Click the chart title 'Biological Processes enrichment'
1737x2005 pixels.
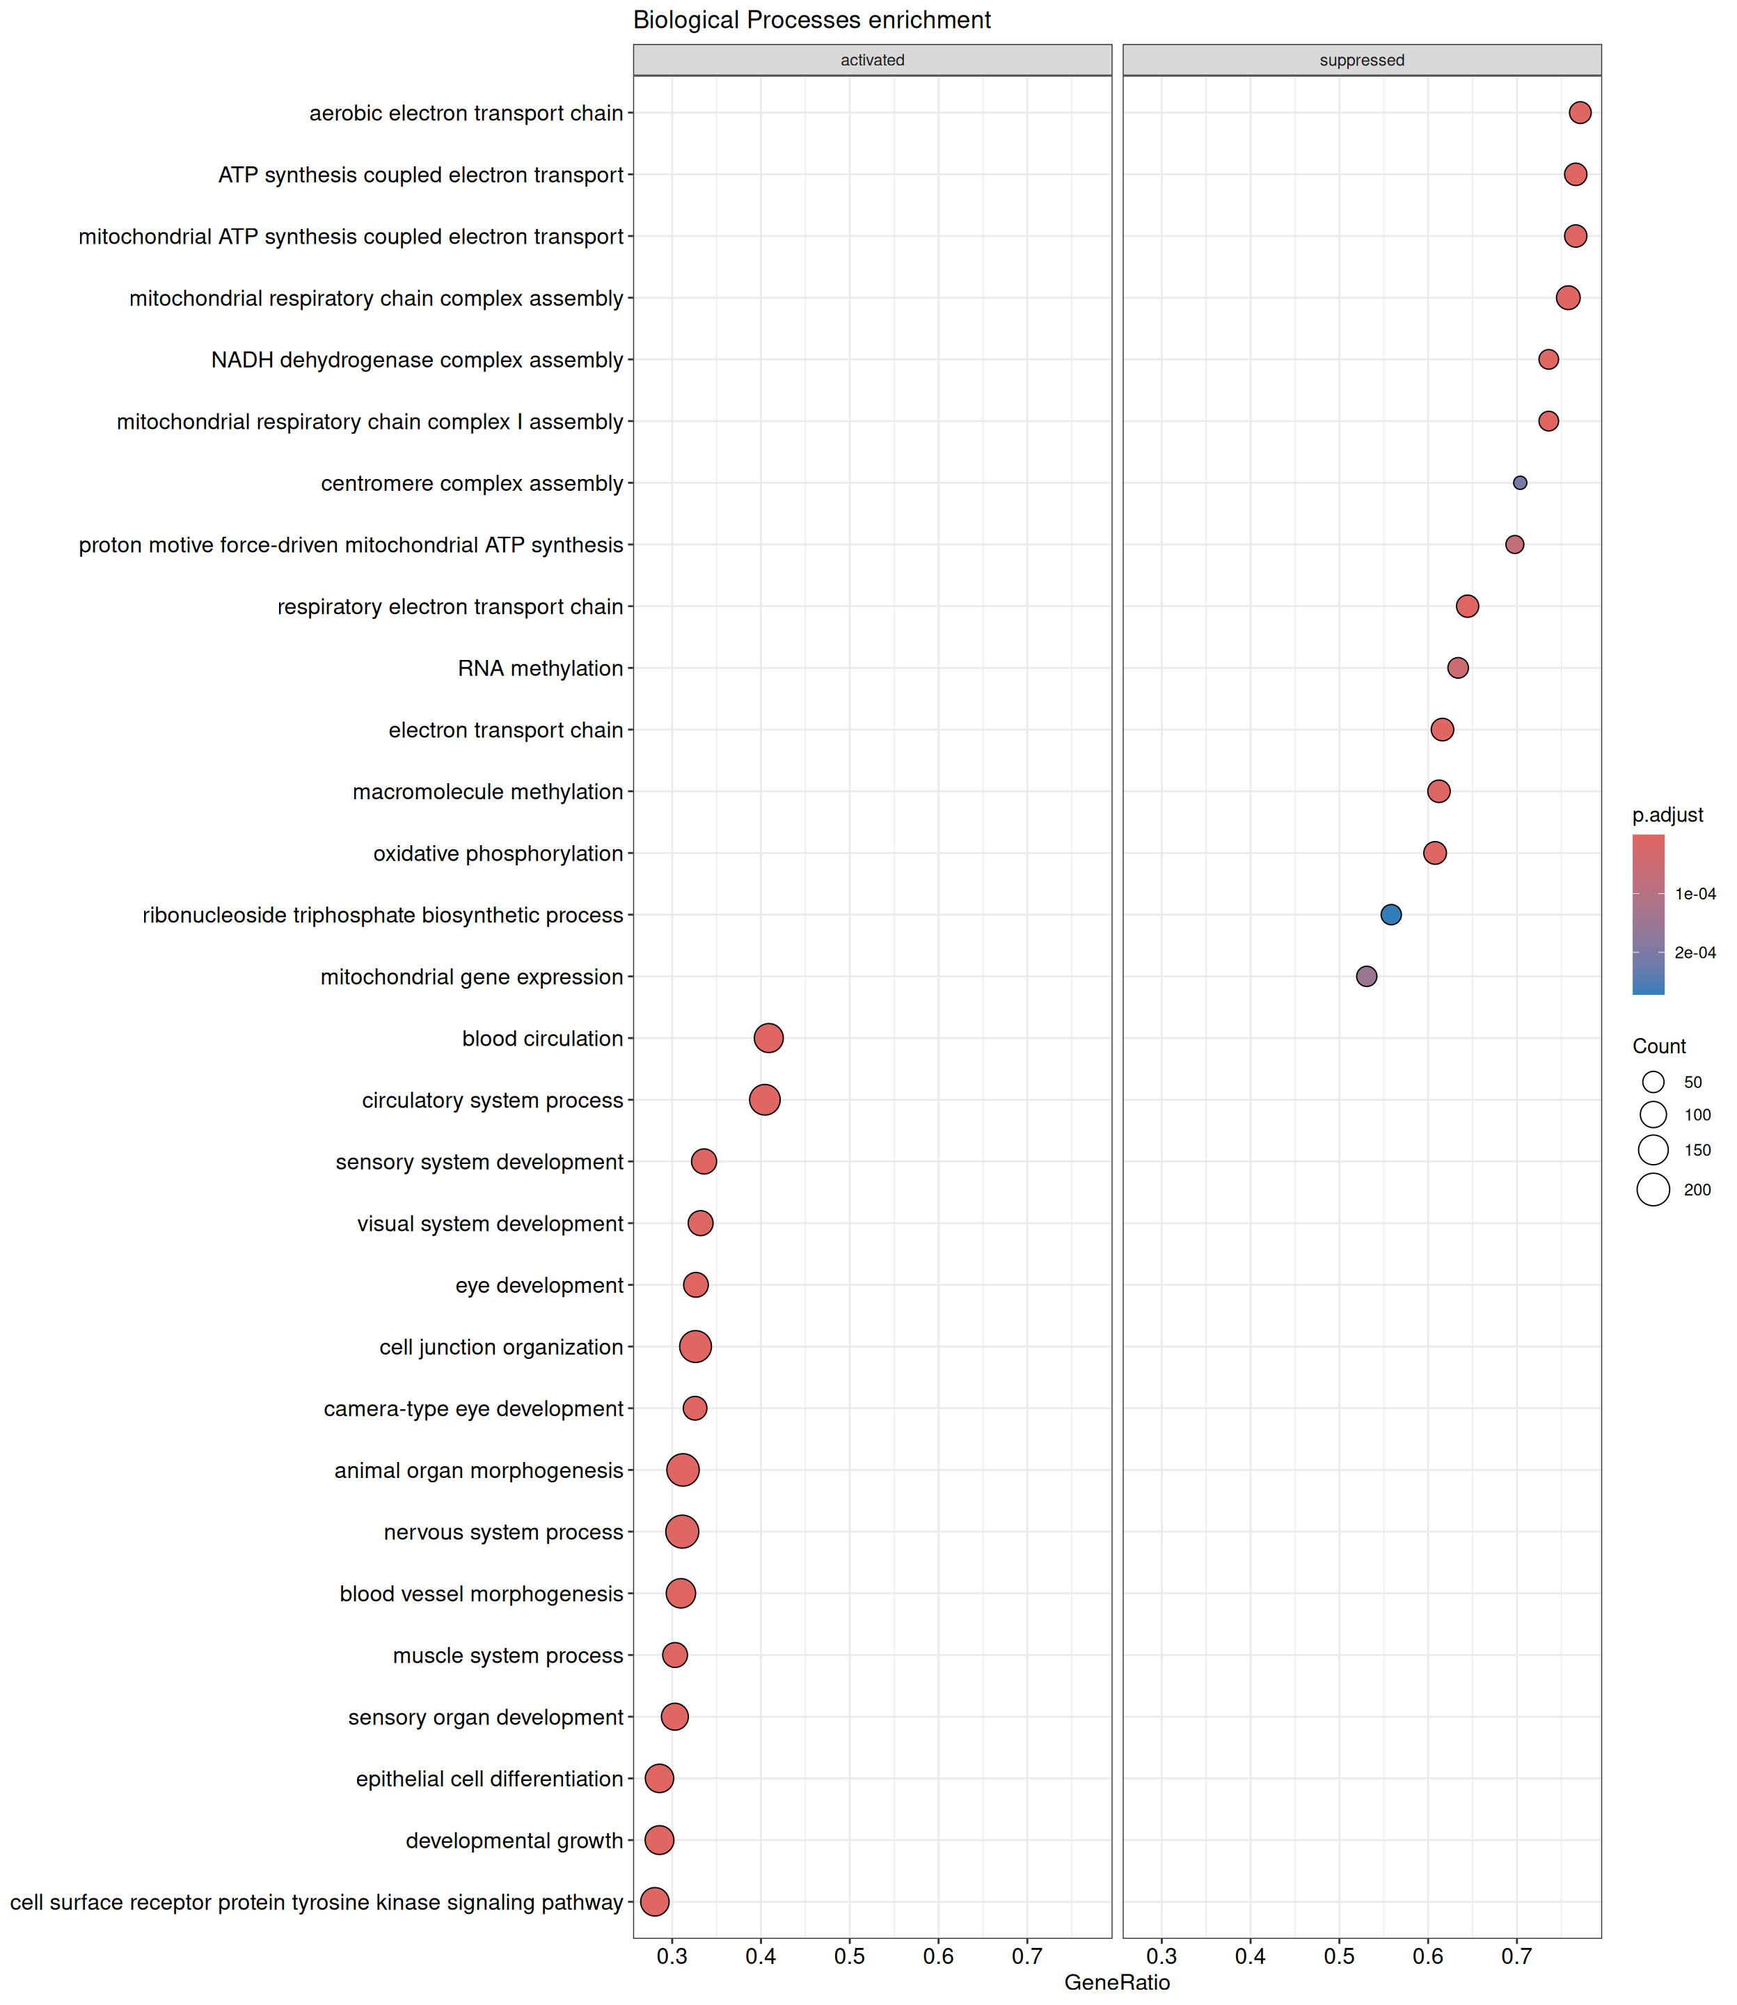tap(811, 20)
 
